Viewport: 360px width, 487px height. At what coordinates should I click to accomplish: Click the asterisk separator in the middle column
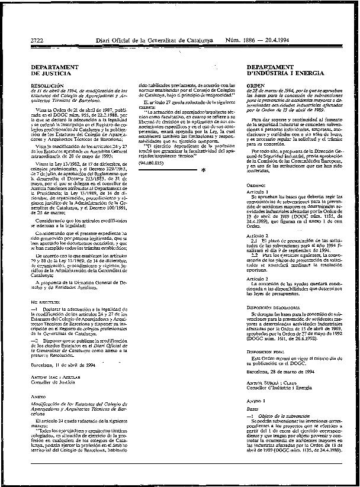[x=203, y=169]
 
